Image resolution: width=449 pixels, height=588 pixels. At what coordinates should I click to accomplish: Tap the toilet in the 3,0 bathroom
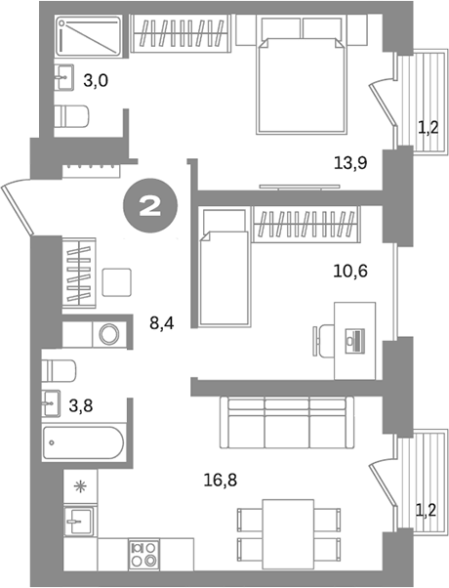pos(73,116)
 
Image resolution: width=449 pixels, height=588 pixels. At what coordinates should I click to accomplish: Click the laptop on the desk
pos(356,341)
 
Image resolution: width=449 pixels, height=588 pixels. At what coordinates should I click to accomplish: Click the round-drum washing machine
pos(109,334)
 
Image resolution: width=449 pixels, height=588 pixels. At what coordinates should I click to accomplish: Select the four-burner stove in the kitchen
pos(145,554)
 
